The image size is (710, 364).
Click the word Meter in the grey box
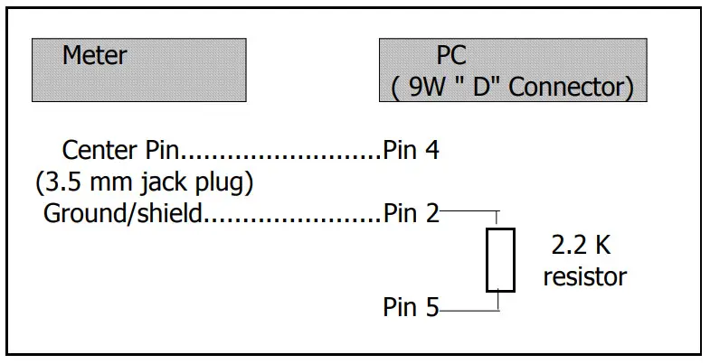(x=94, y=56)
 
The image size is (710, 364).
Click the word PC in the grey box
(x=451, y=56)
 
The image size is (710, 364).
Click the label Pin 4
(x=412, y=149)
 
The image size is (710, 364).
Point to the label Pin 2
(x=412, y=214)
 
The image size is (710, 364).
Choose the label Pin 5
(x=412, y=308)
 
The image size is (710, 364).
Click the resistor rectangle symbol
(x=500, y=260)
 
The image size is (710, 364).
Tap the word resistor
(x=584, y=276)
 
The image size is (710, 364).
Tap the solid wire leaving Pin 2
(x=467, y=212)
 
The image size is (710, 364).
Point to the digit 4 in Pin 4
(x=432, y=149)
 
